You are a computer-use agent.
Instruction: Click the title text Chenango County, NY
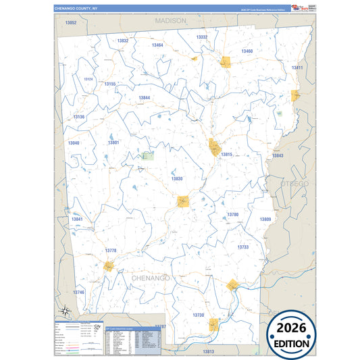(x=76, y=8)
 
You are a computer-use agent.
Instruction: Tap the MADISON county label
(x=170, y=21)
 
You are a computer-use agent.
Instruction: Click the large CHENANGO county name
(x=151, y=278)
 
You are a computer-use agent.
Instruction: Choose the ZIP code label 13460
(x=247, y=51)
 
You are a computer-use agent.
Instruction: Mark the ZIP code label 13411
(x=297, y=68)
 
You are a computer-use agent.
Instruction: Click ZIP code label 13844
(x=145, y=98)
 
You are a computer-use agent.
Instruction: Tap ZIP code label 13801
(x=113, y=143)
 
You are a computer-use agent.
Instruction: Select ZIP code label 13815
(x=226, y=155)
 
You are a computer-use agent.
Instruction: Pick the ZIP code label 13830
(x=176, y=179)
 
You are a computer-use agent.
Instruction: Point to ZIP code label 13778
(x=111, y=251)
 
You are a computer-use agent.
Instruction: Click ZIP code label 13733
(x=243, y=247)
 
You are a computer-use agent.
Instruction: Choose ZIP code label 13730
(x=198, y=315)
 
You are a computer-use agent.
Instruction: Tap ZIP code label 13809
(x=265, y=220)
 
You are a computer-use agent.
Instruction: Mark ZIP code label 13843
(x=278, y=156)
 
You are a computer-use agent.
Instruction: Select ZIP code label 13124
(x=88, y=79)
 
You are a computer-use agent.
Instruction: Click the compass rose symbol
(x=64, y=311)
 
